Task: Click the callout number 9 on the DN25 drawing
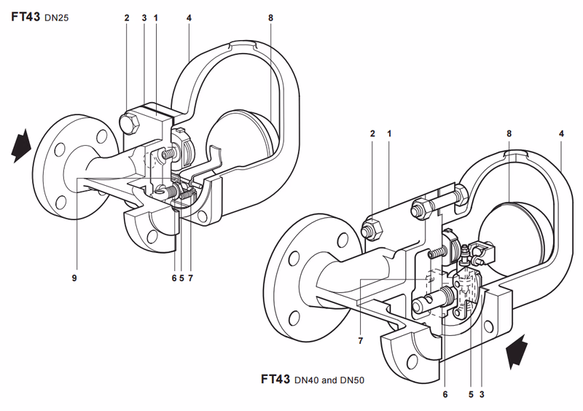(x=74, y=278)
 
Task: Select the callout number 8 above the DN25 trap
(x=270, y=17)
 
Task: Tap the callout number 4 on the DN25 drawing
(x=189, y=17)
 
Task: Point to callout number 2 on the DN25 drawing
(x=127, y=17)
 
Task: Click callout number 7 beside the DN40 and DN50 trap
(x=360, y=341)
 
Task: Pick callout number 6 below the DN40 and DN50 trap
(x=445, y=394)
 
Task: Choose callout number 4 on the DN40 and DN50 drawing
(x=561, y=133)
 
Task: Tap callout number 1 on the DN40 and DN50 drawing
(x=389, y=133)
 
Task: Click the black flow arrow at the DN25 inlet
(x=21, y=146)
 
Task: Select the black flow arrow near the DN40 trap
(x=517, y=351)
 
